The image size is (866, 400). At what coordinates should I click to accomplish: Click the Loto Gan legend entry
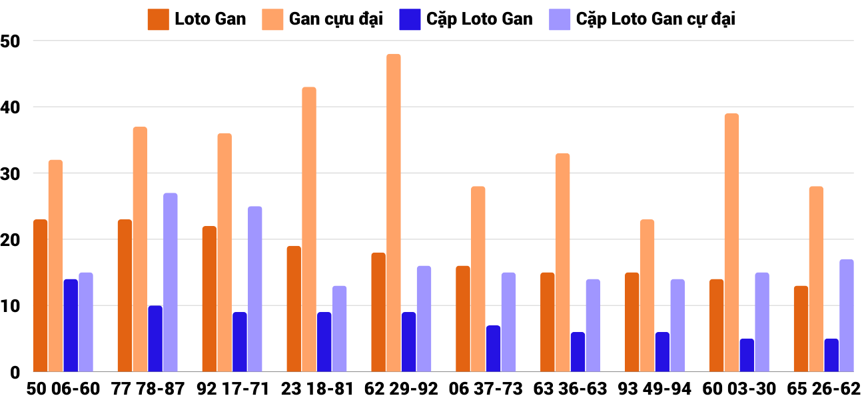(197, 19)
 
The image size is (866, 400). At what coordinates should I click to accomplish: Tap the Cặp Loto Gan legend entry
(465, 19)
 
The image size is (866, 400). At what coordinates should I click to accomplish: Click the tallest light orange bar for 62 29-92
(394, 213)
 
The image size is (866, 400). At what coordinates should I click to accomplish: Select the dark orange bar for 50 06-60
(40, 295)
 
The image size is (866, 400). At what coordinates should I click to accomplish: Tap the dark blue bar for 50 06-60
(71, 325)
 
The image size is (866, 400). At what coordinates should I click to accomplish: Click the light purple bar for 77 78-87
(171, 282)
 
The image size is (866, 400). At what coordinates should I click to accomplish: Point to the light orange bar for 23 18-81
(309, 229)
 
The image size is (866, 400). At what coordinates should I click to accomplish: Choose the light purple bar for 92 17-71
(254, 289)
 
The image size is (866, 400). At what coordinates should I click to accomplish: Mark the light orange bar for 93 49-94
(647, 295)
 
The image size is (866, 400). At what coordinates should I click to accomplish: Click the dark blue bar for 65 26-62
(831, 355)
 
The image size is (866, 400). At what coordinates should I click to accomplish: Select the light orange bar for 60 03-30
(731, 243)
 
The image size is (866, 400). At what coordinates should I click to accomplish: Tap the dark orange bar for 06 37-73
(463, 319)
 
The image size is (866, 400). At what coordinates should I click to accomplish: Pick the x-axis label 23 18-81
(317, 388)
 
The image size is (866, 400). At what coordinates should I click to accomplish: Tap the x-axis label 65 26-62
(823, 388)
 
